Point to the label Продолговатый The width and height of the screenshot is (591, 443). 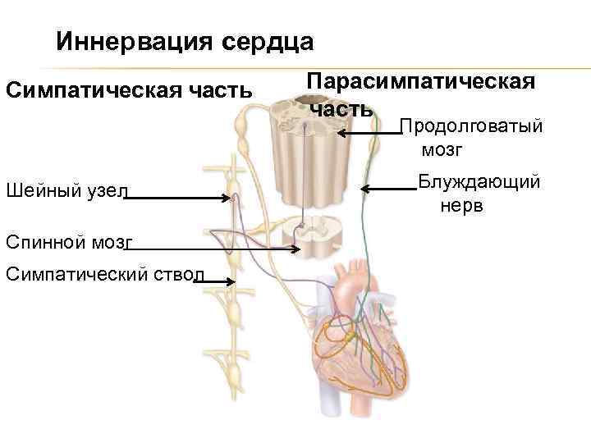tap(470, 127)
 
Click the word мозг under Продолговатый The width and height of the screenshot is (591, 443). tap(443, 150)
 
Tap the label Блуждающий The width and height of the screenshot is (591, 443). tap(479, 181)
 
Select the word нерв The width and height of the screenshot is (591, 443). tap(463, 204)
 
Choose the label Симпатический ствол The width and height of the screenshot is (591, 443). tap(103, 273)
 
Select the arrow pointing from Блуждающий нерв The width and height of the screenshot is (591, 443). tap(390, 190)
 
